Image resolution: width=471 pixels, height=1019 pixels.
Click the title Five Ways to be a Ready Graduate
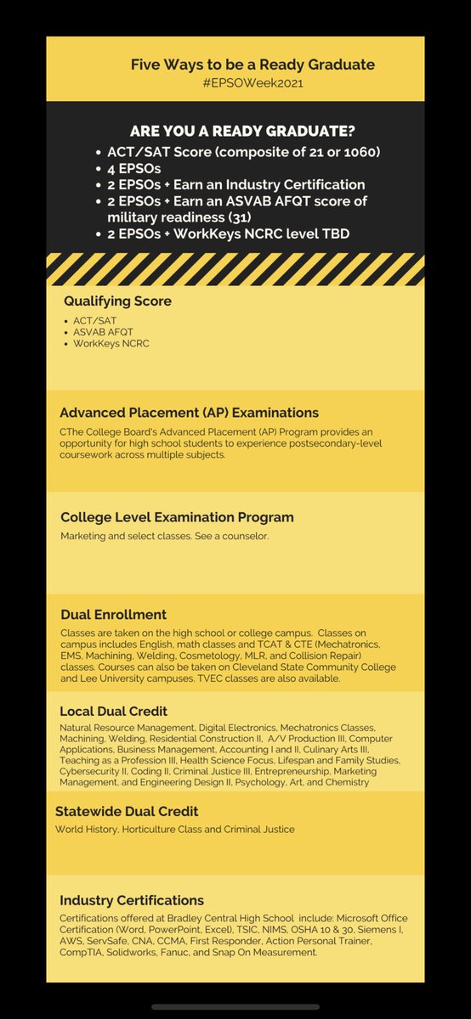click(x=253, y=65)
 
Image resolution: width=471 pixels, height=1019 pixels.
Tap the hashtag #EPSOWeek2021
click(x=253, y=83)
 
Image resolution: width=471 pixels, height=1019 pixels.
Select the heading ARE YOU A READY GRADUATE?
click(x=242, y=132)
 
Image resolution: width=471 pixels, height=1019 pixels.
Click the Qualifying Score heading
click(x=117, y=300)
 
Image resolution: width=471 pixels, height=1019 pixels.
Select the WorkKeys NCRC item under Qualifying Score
click(x=111, y=344)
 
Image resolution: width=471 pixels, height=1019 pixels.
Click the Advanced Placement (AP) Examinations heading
click(x=189, y=413)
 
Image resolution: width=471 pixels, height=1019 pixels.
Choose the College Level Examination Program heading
click(x=177, y=516)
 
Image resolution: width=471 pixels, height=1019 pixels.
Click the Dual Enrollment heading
click(x=113, y=614)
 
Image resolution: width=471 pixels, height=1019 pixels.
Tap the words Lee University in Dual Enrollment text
click(x=95, y=678)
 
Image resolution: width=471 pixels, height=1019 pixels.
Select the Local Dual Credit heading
click(x=113, y=710)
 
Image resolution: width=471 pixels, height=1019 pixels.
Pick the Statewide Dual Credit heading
click(x=127, y=811)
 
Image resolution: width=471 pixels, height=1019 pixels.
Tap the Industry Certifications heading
click(x=132, y=900)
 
